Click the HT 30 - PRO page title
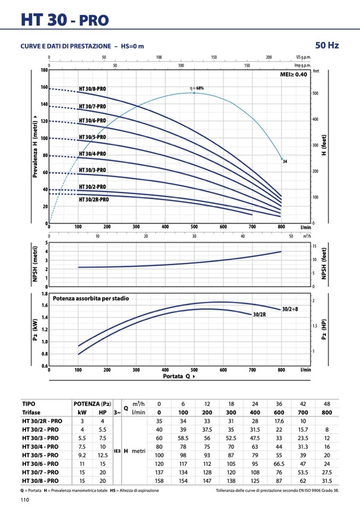(x=65, y=20)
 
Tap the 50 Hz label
(x=327, y=46)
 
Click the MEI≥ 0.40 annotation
(x=293, y=75)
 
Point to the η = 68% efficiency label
(x=196, y=88)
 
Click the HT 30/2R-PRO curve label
(x=94, y=200)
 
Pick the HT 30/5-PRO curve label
(x=92, y=137)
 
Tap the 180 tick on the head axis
(x=45, y=70)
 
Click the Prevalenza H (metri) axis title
(x=36, y=146)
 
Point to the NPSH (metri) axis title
(x=36, y=263)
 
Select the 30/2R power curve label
(x=259, y=315)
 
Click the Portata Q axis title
(x=179, y=376)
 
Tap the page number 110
(x=24, y=500)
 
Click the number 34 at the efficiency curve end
(x=285, y=161)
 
